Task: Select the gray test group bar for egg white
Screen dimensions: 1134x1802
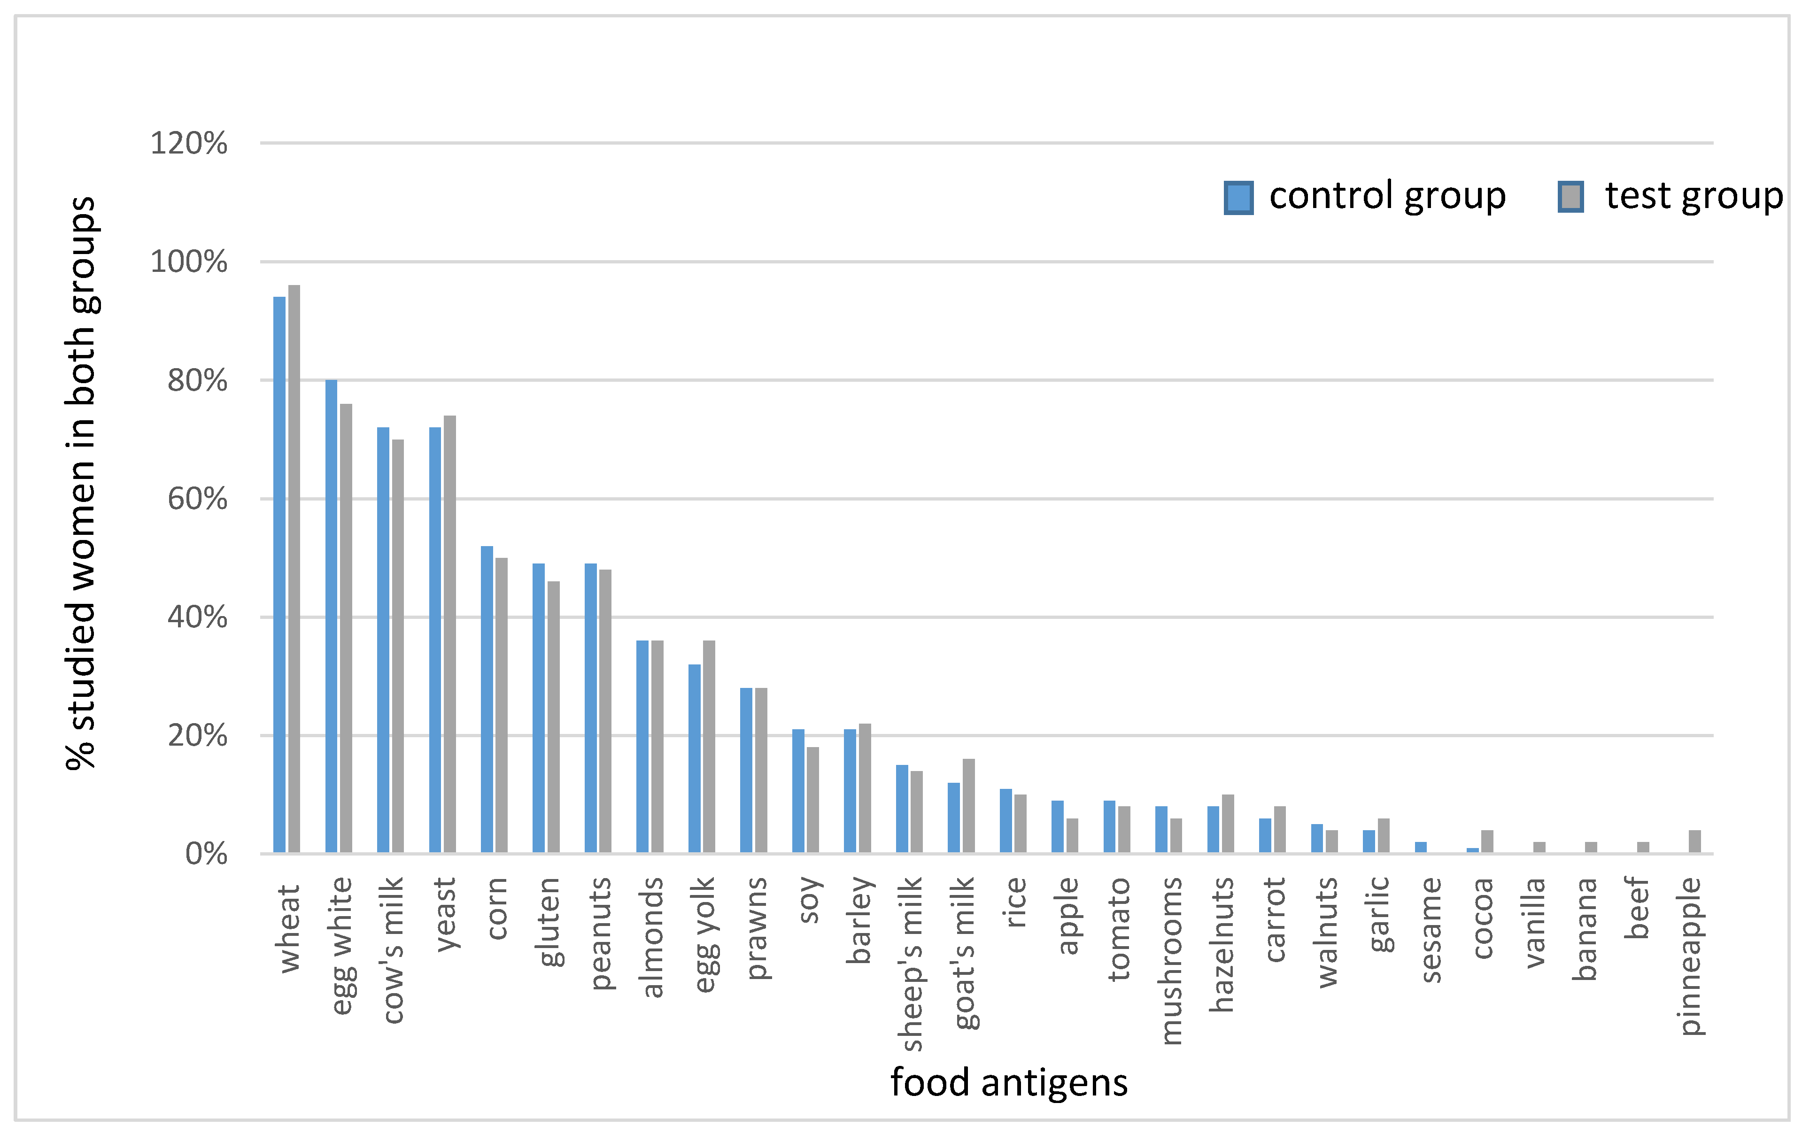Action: [x=346, y=628]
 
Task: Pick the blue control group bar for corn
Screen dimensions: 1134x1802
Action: [x=487, y=699]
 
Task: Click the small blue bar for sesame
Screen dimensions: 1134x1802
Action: [x=1420, y=848]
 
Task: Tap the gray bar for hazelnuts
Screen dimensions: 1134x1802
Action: [x=1228, y=824]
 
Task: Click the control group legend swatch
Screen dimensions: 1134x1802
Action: [x=1238, y=198]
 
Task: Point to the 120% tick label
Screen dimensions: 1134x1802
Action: [x=189, y=143]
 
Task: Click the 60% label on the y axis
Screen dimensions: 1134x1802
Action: [x=197, y=499]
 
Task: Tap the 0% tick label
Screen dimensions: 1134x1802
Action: [x=206, y=854]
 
